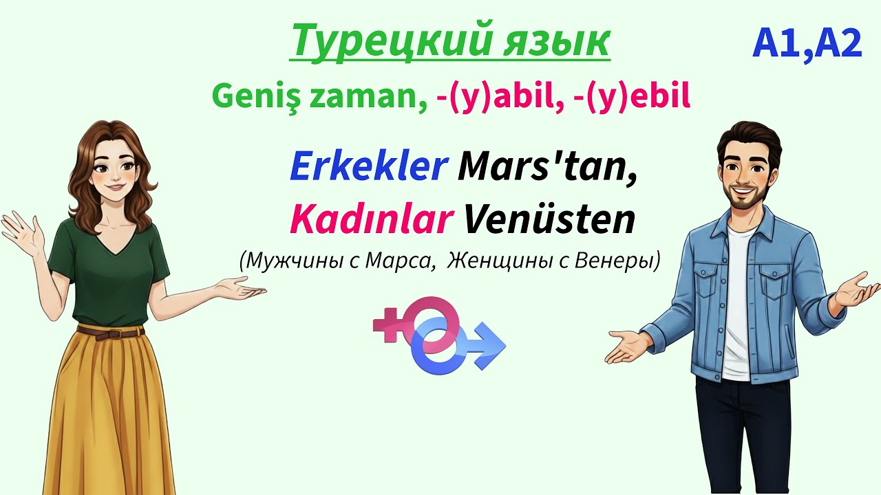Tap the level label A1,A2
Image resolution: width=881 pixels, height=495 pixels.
click(807, 44)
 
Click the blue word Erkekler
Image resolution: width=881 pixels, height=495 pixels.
click(368, 167)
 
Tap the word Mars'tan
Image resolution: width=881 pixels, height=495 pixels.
click(548, 167)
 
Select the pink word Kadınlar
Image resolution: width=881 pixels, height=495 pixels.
click(371, 219)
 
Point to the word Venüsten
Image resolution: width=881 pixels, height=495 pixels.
click(549, 219)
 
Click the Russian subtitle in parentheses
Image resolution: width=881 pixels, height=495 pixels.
click(449, 261)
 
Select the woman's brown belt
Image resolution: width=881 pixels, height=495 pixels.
click(110, 333)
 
